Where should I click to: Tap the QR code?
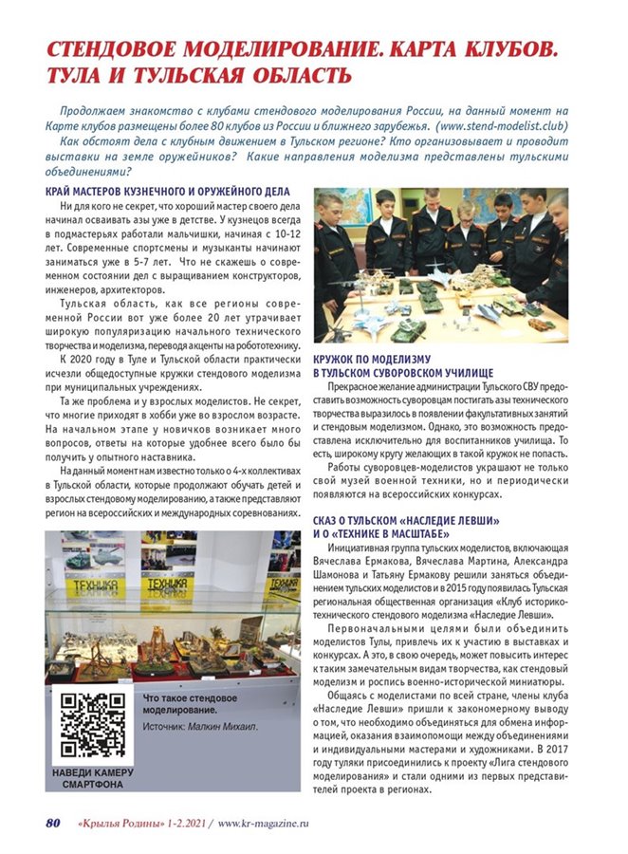tap(92, 724)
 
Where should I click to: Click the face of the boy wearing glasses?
tap(467, 212)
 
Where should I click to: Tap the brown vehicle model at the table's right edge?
tap(541, 323)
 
